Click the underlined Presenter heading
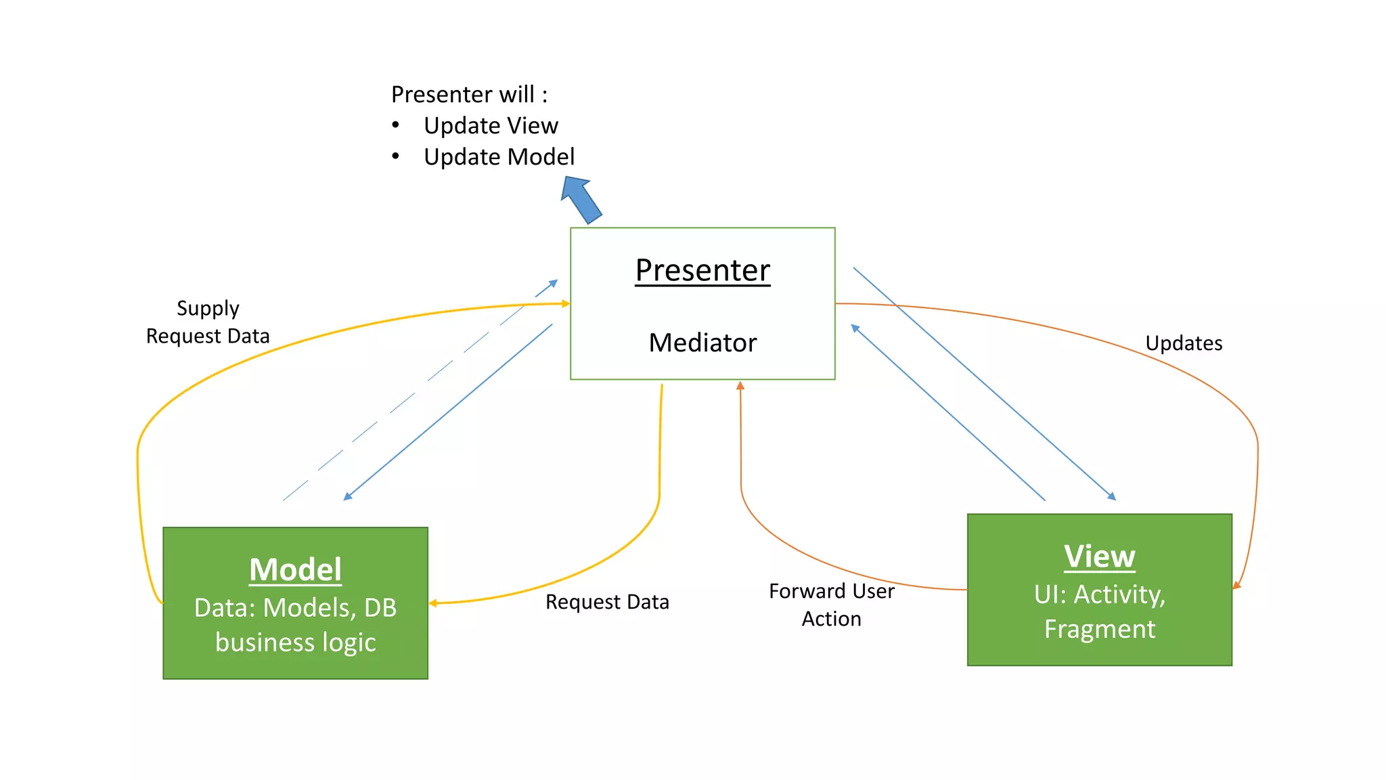coord(702,270)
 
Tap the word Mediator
coord(702,343)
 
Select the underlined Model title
coord(295,569)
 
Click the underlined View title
coord(1099,557)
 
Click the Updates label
coord(1184,343)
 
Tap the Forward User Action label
coord(831,605)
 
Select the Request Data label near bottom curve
coord(607,602)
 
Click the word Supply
coord(208,308)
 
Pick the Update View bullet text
coord(491,126)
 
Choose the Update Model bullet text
coord(499,157)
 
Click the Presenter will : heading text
coord(469,95)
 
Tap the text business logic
coord(295,642)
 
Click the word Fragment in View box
coord(1099,629)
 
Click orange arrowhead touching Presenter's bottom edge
coord(740,385)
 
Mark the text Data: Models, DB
coord(295,607)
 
